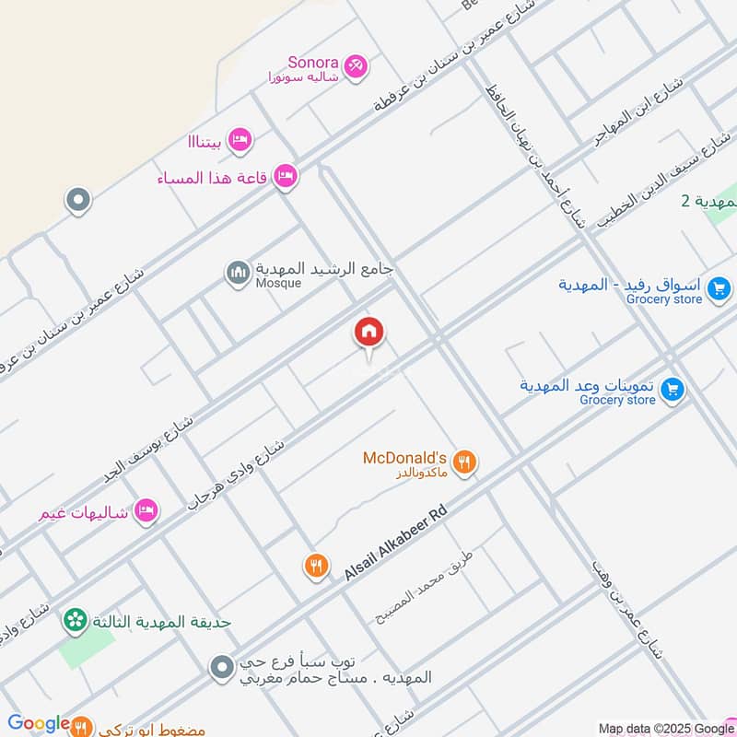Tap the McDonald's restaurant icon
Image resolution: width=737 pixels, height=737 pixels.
point(465,462)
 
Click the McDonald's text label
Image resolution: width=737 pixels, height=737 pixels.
point(404,458)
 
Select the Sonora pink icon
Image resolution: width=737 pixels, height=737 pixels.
point(356,66)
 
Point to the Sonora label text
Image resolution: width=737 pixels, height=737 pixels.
point(313,63)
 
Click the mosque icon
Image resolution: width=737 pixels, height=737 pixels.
point(238,273)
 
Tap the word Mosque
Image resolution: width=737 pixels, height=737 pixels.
point(279,284)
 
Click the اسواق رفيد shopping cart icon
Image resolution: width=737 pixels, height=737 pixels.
point(719,292)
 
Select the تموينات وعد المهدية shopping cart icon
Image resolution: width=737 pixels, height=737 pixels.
point(673,391)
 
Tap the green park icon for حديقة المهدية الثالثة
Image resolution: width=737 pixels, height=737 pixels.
point(75,622)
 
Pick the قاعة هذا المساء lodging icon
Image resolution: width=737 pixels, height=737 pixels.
point(286,176)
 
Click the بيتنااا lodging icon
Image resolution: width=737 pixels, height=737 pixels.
point(240,140)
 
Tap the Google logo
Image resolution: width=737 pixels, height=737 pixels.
point(39,724)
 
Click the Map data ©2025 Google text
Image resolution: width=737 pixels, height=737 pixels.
point(666,728)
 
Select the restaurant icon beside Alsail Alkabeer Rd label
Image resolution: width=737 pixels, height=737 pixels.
point(317,566)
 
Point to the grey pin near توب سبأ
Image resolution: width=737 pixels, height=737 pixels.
point(221,668)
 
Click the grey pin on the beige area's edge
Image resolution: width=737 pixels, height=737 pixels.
point(78,200)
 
